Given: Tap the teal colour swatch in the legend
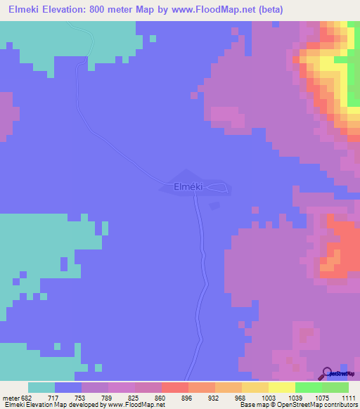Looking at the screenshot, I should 41,387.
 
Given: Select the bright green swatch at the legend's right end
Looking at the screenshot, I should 335,387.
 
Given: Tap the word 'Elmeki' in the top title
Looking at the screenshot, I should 25,10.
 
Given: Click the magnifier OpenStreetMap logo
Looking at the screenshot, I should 327,372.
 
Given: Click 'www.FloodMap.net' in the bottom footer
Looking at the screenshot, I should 138,405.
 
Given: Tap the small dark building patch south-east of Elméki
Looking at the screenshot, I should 214,205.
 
